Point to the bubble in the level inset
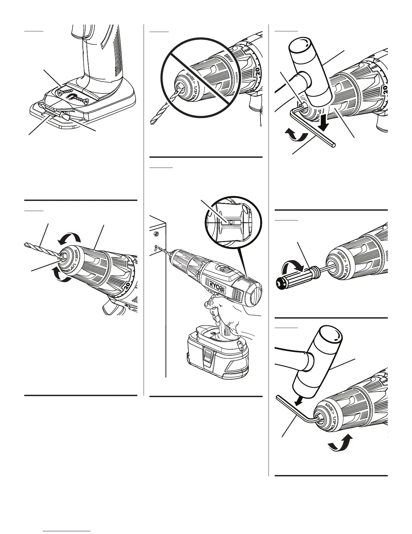[230, 222]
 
